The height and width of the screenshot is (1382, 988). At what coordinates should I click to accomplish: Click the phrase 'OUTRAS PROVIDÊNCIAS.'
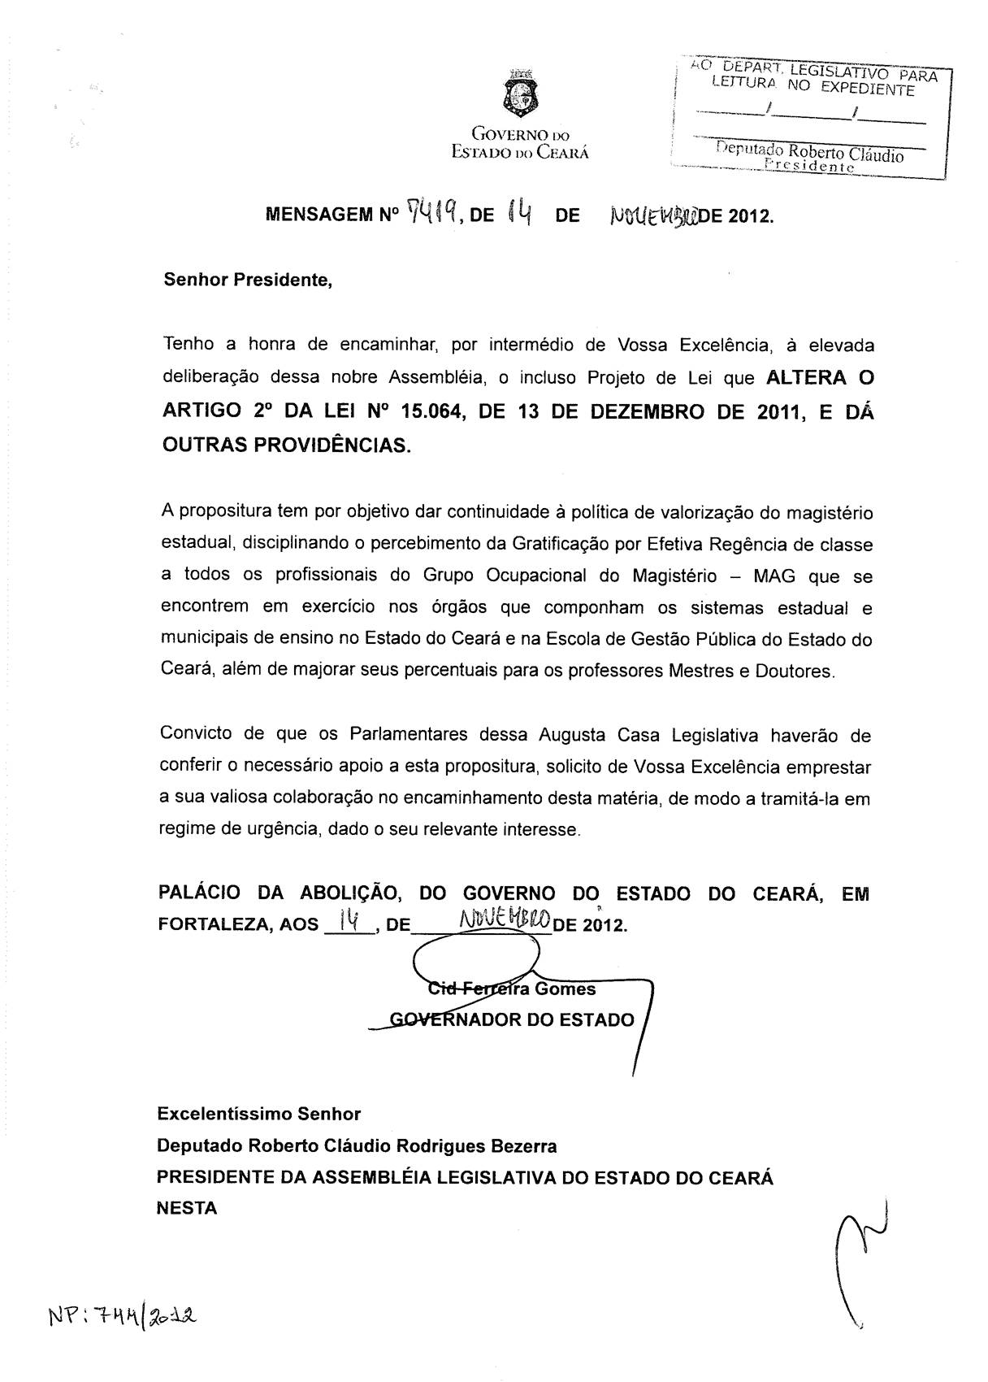[286, 445]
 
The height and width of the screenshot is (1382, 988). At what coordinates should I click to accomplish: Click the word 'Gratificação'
[561, 544]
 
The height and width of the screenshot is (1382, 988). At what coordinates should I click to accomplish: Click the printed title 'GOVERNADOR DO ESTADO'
[512, 1019]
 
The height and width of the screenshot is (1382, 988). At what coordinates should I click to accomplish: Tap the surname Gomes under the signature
[565, 989]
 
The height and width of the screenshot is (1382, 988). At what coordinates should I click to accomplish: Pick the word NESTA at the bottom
[187, 1208]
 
